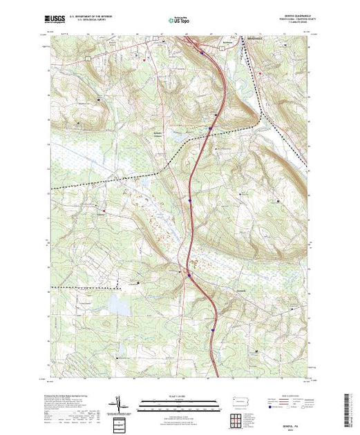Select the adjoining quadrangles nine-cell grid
(238, 419)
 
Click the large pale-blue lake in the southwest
(118, 303)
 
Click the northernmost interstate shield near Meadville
(201, 52)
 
